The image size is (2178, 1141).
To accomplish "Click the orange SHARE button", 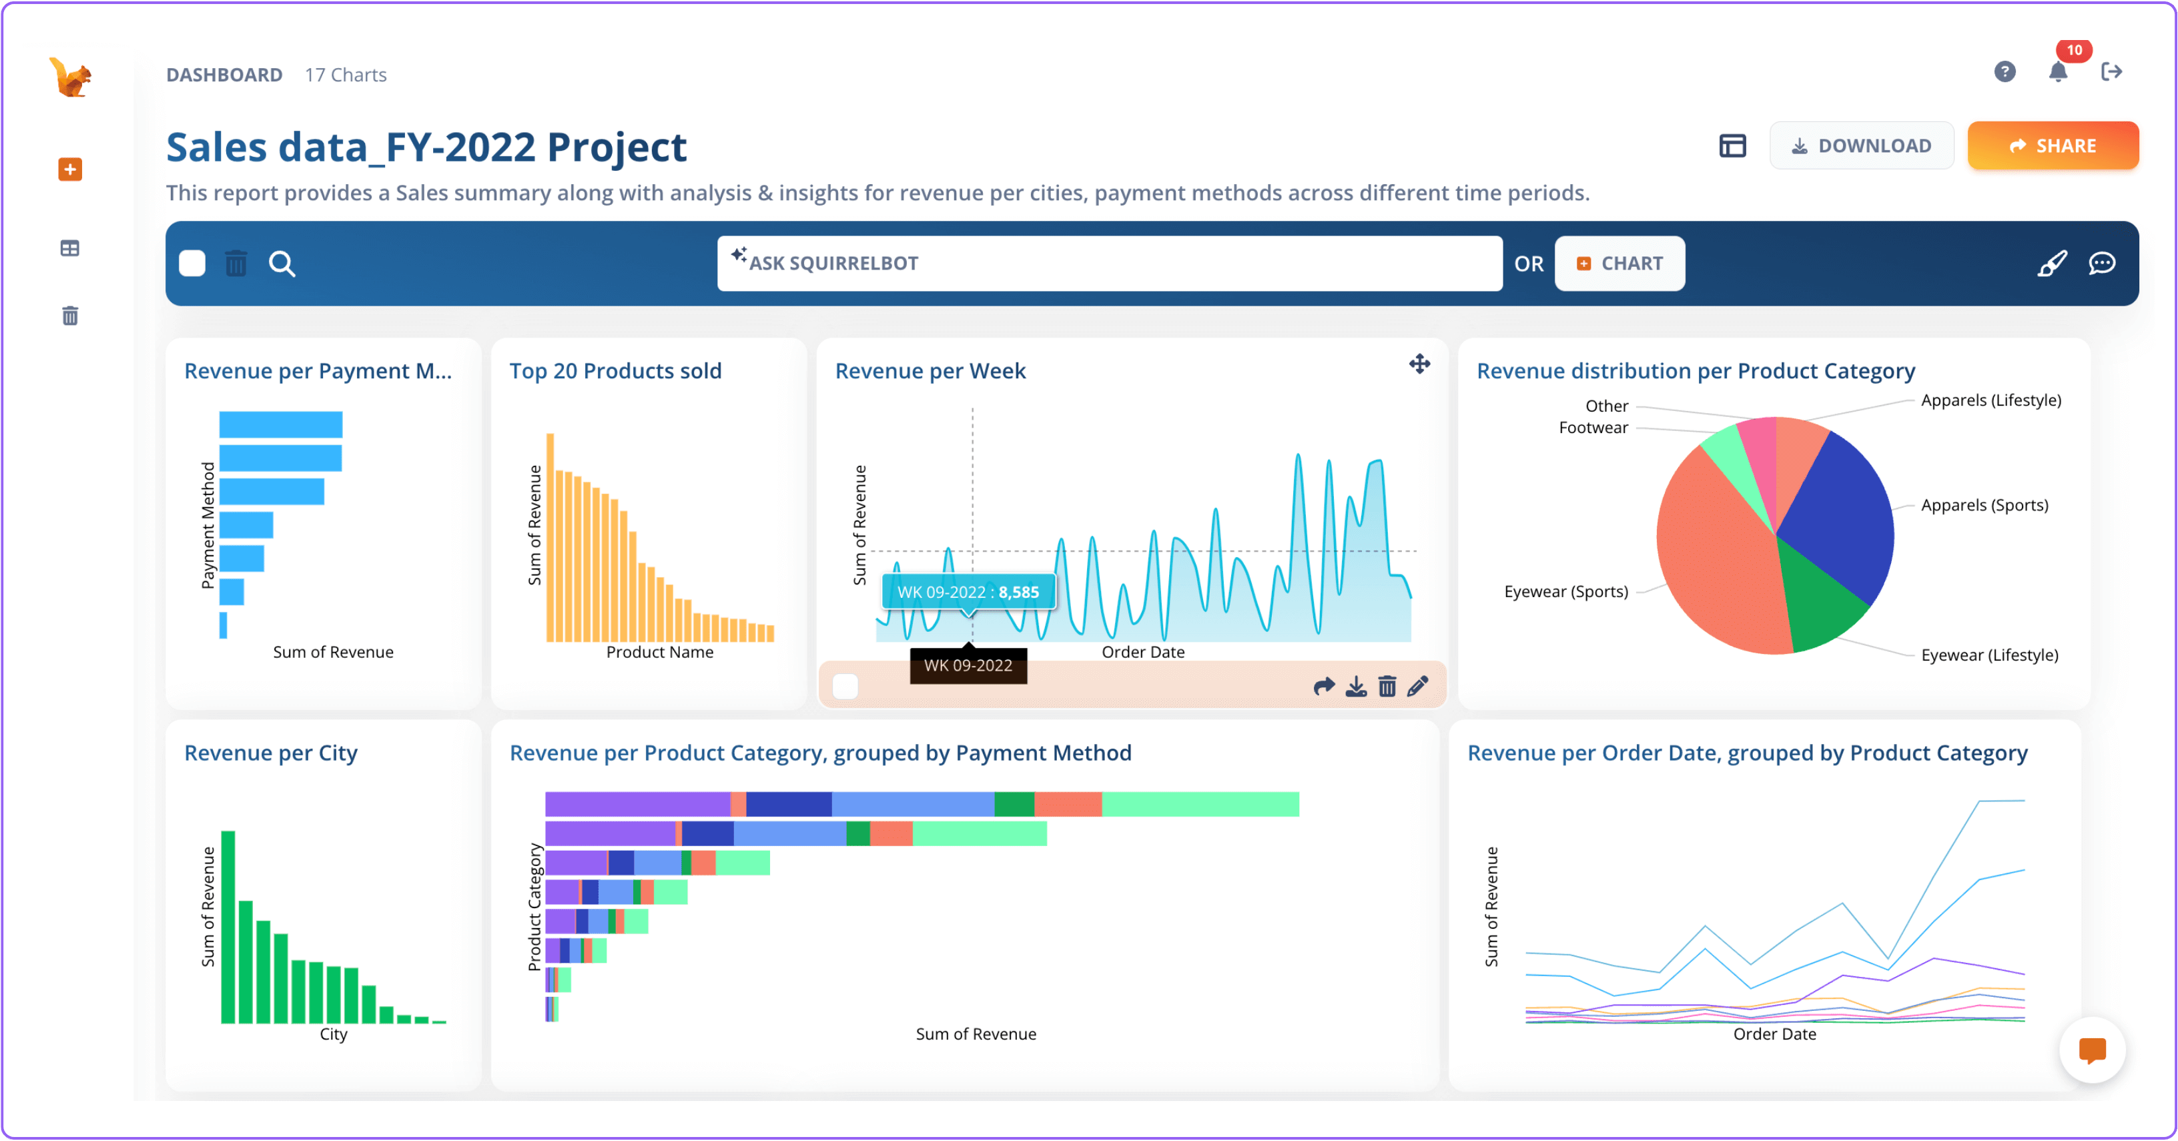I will pyautogui.click(x=2052, y=145).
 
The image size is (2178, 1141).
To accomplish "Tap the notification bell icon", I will pyautogui.click(x=2058, y=72).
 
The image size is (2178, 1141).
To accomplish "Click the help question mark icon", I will pyautogui.click(x=2004, y=72).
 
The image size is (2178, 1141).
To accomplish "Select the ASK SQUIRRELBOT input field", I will pyautogui.click(x=1109, y=263).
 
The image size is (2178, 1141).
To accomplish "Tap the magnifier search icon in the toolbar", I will pyautogui.click(x=282, y=264).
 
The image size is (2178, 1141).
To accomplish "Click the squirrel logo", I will pyautogui.click(x=71, y=78).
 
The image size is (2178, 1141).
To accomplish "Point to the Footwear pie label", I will pyautogui.click(x=1593, y=428).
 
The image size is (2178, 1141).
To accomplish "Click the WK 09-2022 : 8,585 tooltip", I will pyautogui.click(x=968, y=592).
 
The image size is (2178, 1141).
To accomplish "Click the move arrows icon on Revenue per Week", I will pyautogui.click(x=1419, y=364).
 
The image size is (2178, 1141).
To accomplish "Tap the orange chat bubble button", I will pyautogui.click(x=2092, y=1050).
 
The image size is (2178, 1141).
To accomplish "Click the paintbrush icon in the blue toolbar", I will pyautogui.click(x=2052, y=263).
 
